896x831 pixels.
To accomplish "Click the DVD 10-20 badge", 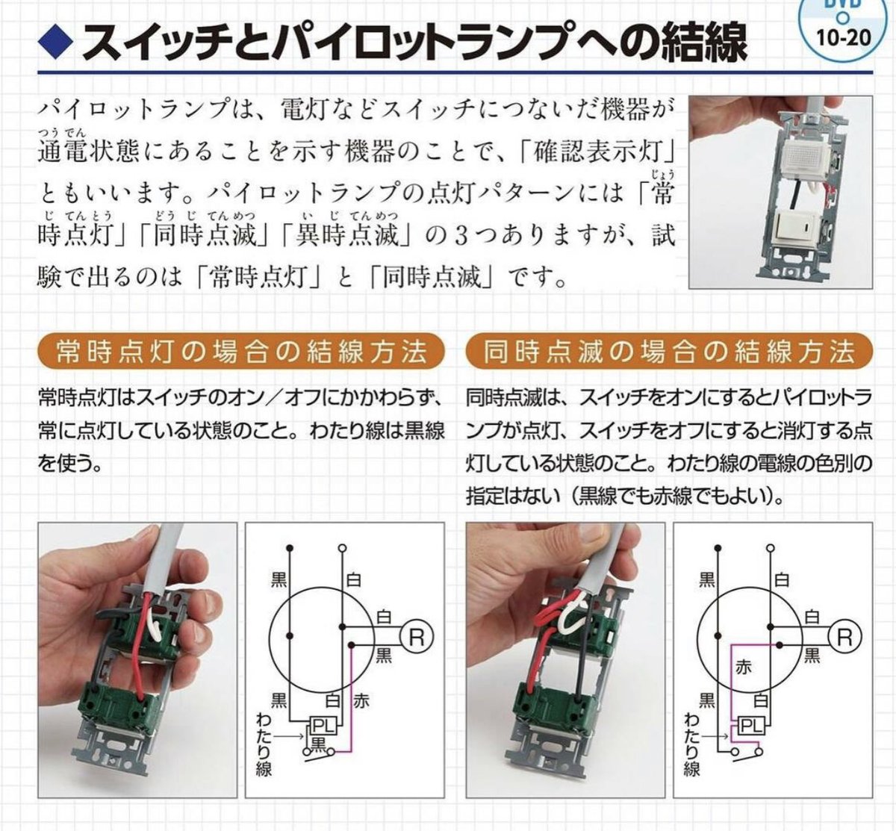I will [847, 22].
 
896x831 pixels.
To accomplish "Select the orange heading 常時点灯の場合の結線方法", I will [240, 350].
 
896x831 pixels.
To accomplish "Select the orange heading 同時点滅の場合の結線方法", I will [668, 350].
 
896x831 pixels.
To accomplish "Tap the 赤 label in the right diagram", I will [744, 667].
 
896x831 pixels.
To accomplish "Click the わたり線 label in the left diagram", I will [263, 744].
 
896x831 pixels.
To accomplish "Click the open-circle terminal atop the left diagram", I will [341, 547].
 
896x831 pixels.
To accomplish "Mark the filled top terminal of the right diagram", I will [718, 547].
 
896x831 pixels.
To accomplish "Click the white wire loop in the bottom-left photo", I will [158, 627].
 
